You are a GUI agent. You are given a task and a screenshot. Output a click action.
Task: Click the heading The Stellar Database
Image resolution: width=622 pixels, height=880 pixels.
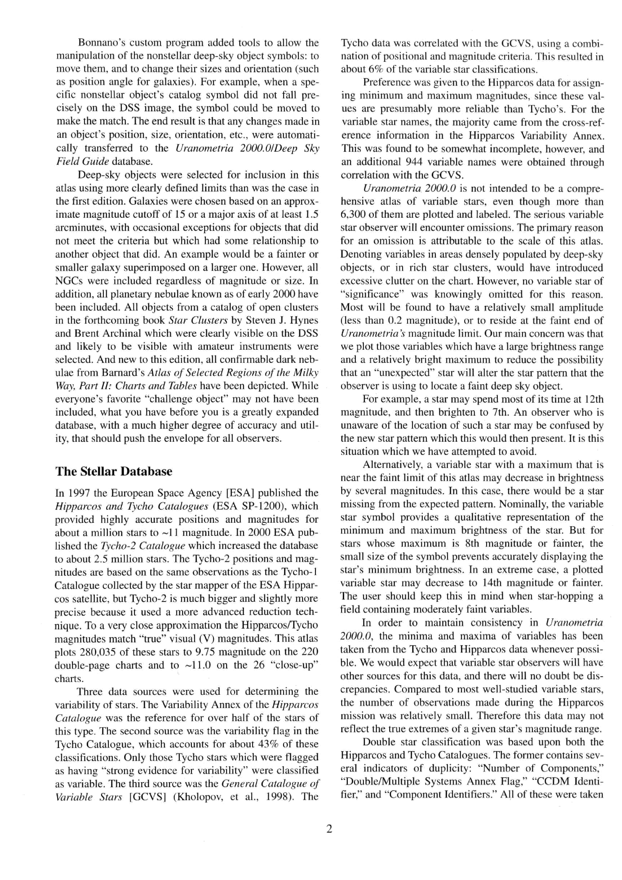pos(114,471)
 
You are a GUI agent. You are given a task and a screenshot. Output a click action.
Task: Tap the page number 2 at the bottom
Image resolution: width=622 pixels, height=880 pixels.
pos(329,829)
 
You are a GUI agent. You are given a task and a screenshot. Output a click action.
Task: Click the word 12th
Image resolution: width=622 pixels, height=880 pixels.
pos(594,399)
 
